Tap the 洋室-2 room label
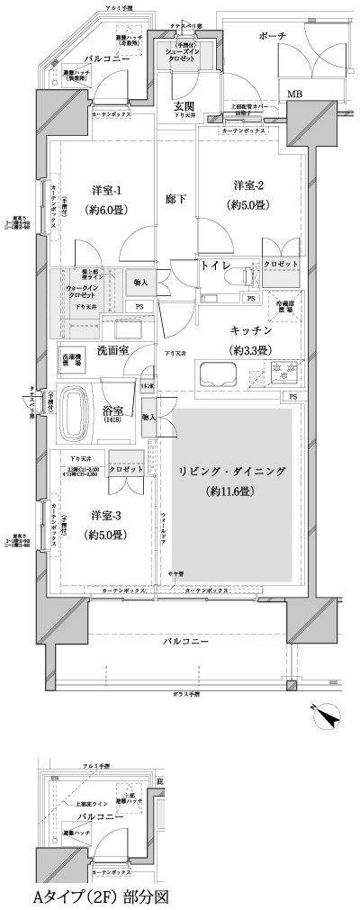pyautogui.click(x=248, y=185)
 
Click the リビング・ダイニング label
pyautogui.click(x=231, y=471)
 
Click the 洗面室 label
pyautogui.click(x=113, y=349)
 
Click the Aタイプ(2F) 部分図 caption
pyautogui.click(x=99, y=896)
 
